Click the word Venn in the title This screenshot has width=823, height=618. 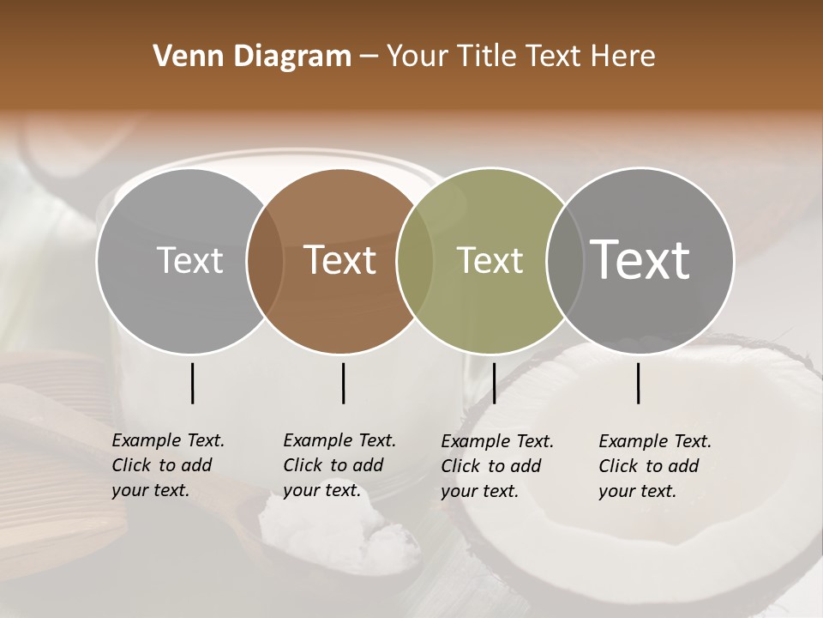[x=183, y=57]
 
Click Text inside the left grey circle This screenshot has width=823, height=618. [x=189, y=260]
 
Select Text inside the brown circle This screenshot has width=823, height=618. [x=339, y=260]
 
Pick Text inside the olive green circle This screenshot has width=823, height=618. [x=490, y=260]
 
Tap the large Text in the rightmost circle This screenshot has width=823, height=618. [x=640, y=259]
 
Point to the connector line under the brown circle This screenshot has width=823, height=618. [x=343, y=383]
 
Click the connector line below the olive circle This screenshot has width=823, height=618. [x=494, y=383]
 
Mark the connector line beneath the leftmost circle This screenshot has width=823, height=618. [x=192, y=383]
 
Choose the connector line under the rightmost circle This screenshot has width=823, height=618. [x=639, y=383]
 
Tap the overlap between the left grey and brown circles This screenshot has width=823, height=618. [x=265, y=261]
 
